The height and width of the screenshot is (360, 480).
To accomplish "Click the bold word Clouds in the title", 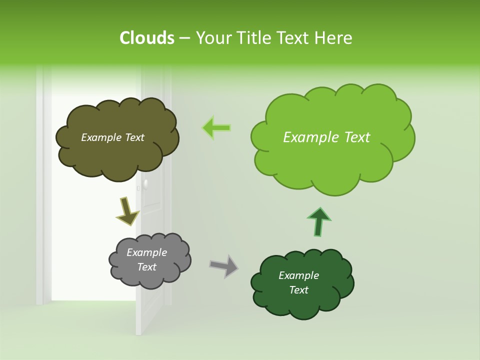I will [x=146, y=38].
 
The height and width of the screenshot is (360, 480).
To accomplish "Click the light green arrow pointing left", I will [x=217, y=127].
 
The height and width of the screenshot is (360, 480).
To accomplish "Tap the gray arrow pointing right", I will [x=224, y=265].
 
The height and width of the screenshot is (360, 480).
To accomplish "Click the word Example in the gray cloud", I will [x=146, y=253].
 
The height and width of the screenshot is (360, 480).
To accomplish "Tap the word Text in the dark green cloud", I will [x=298, y=290].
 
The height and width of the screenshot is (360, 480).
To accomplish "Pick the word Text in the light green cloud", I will [x=353, y=137].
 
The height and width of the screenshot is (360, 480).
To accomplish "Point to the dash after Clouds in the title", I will [x=184, y=38].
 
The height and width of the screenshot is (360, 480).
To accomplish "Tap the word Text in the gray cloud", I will [x=146, y=267].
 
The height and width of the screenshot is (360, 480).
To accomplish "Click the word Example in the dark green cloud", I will [x=298, y=275].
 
